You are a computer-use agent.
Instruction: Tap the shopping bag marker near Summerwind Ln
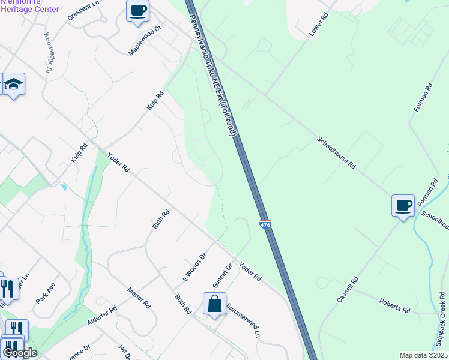214,304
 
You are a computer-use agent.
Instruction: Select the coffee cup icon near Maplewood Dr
137,10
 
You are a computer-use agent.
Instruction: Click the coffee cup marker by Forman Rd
403,206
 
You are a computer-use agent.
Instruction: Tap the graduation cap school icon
13,84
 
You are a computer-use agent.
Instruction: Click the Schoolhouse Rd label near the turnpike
337,153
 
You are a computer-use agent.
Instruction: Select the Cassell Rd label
347,289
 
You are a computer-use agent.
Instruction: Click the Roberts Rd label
394,306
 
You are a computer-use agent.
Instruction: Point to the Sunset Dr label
221,275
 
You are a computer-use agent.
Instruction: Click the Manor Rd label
138,297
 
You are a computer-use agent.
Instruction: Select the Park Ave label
45,292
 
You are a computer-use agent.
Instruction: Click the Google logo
19,353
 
